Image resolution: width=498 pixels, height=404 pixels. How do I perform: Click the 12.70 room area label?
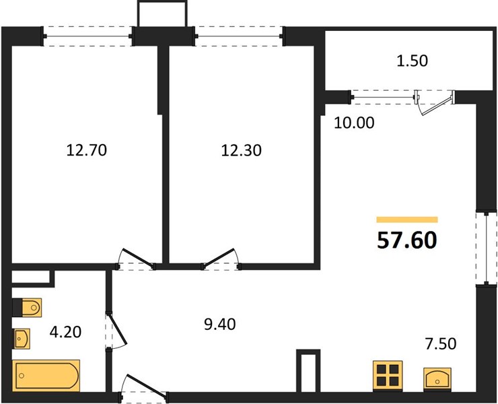[87, 150]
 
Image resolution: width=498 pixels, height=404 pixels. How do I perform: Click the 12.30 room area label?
[242, 150]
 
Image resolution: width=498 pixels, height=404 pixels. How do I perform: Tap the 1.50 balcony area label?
[413, 61]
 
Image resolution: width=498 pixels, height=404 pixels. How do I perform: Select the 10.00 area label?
[354, 123]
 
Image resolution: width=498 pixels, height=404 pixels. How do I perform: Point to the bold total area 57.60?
[407, 240]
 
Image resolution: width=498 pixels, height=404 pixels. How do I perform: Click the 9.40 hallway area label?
[220, 325]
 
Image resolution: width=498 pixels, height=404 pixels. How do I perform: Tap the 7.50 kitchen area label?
[441, 343]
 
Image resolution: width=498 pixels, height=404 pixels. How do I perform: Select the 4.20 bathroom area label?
[65, 332]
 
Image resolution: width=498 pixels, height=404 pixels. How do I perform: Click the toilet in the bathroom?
[27, 308]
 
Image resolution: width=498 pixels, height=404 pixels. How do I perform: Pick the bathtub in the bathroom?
[46, 376]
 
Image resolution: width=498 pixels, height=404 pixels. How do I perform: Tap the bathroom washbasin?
[22, 339]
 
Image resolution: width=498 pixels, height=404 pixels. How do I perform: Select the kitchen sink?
[437, 378]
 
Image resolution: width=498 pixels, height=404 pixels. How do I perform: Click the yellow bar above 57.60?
[407, 220]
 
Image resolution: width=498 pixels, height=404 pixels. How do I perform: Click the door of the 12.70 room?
[137, 258]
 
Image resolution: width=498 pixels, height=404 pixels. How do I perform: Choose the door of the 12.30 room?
[221, 257]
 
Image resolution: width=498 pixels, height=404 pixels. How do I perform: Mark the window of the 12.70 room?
[87, 36]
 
